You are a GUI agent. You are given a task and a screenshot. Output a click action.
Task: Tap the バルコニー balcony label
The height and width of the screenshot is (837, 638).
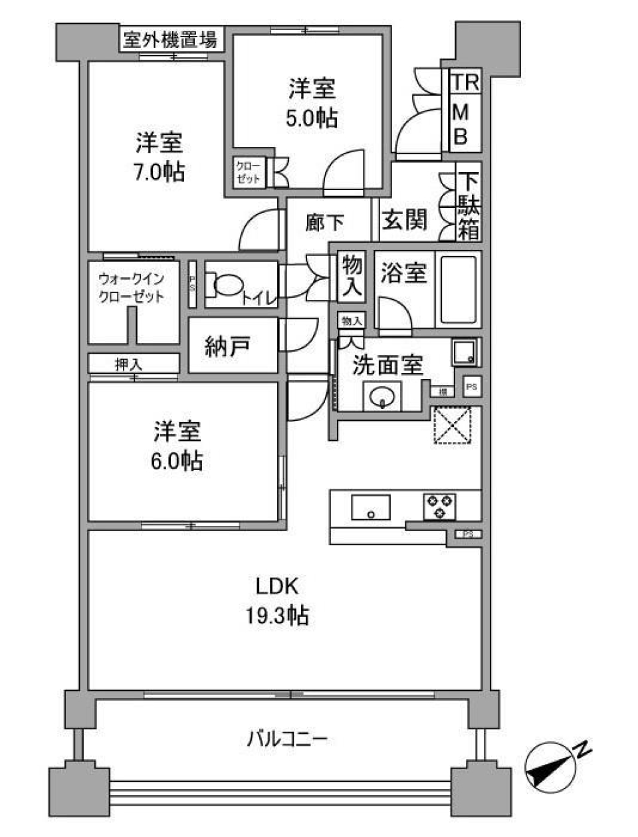coord(288,739)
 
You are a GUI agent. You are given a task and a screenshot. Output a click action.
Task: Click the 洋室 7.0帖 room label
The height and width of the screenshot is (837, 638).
coord(160,157)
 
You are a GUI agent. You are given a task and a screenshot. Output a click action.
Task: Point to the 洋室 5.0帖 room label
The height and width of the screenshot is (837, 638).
coord(312,103)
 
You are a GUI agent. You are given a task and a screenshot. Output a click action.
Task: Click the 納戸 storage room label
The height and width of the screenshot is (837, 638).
coord(227,346)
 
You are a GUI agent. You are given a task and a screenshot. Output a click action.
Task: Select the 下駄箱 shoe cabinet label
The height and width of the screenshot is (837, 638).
coord(469,206)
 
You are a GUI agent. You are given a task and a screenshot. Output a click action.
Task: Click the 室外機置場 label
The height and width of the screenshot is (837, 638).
coord(171,39)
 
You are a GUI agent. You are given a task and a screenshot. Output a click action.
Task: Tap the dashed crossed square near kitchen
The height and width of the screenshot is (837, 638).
coord(453,424)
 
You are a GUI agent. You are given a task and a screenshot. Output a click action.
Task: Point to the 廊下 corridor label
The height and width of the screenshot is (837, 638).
coord(324,222)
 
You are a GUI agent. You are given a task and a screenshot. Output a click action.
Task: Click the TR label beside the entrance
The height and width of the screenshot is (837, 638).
coord(466,82)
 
